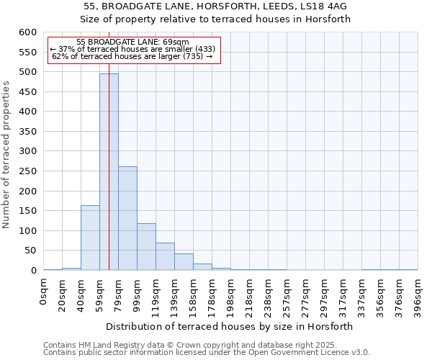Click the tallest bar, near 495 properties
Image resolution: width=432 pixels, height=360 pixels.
[x=109, y=173]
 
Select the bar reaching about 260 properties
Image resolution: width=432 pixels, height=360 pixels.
[x=127, y=219]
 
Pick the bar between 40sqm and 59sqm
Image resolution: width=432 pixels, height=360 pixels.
[x=90, y=238]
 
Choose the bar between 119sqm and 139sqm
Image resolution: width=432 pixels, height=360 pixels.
[x=165, y=257]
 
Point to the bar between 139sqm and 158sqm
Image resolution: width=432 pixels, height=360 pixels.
[x=184, y=262]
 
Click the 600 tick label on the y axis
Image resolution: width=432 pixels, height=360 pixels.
[x=27, y=32]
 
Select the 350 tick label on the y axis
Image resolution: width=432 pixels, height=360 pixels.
[x=27, y=132]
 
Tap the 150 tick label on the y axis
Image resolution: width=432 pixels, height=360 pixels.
[x=27, y=211]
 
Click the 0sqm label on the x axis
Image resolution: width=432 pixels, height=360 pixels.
[x=44, y=291]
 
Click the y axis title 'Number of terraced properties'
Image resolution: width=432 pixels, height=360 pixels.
[x=7, y=155]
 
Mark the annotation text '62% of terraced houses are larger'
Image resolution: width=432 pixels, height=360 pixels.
[x=132, y=56]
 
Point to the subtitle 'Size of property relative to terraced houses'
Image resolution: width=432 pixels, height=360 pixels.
[x=215, y=19]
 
